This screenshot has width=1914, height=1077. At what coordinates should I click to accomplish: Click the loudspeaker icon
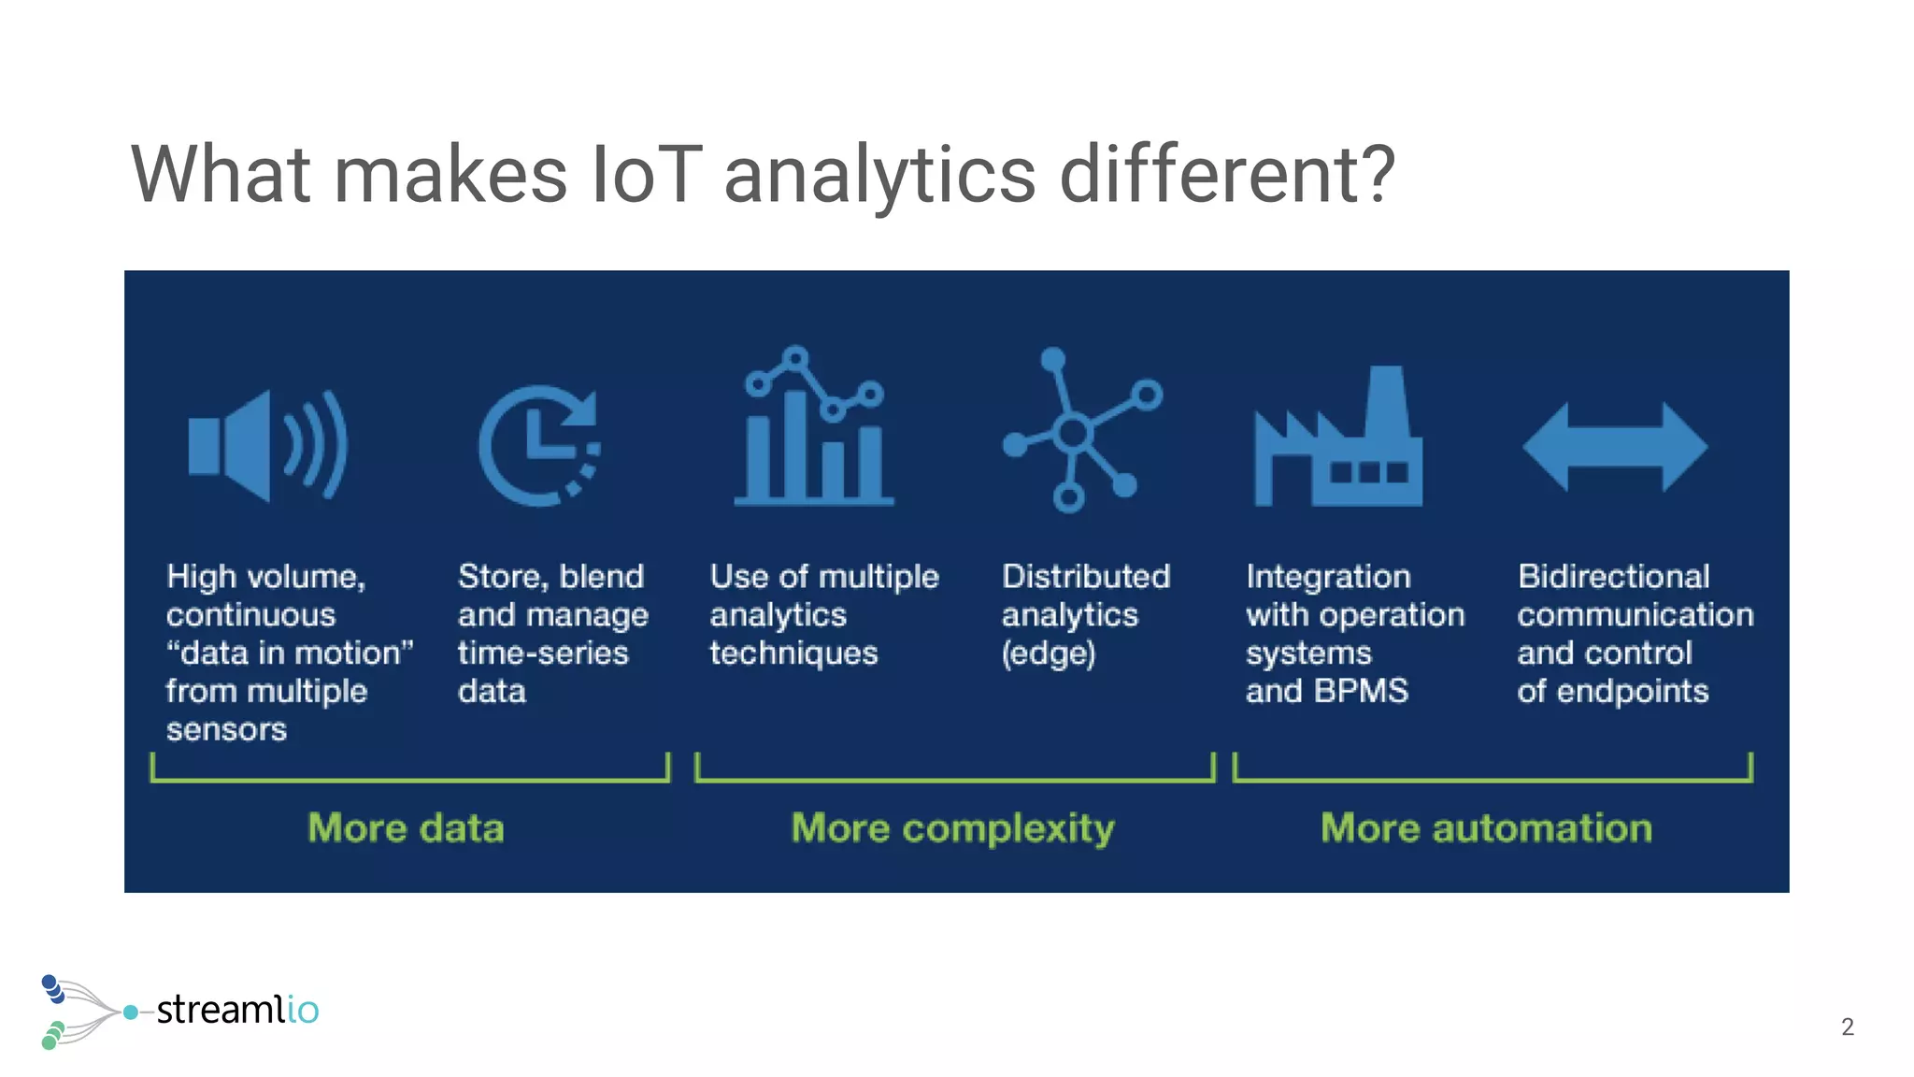(266, 446)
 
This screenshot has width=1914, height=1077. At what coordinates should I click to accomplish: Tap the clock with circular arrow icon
(539, 446)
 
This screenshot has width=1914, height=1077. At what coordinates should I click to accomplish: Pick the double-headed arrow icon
(1615, 447)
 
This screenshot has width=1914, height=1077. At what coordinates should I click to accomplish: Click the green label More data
(406, 828)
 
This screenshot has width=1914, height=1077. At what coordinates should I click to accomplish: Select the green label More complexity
(952, 828)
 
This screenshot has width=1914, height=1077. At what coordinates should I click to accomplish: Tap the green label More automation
(1486, 828)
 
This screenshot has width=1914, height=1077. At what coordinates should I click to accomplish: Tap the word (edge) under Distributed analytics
(1048, 653)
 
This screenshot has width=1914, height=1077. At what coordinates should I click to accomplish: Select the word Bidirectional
(1613, 576)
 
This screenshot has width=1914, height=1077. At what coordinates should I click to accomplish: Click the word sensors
(226, 729)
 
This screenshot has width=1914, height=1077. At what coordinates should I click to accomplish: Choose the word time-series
(542, 653)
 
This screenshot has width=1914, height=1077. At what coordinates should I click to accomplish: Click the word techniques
(793, 653)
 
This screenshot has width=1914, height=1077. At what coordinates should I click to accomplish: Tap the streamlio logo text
(237, 1010)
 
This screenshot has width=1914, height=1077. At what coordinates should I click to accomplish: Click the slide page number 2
(1847, 1027)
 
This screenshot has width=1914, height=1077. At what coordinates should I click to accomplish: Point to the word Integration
(1327, 576)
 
